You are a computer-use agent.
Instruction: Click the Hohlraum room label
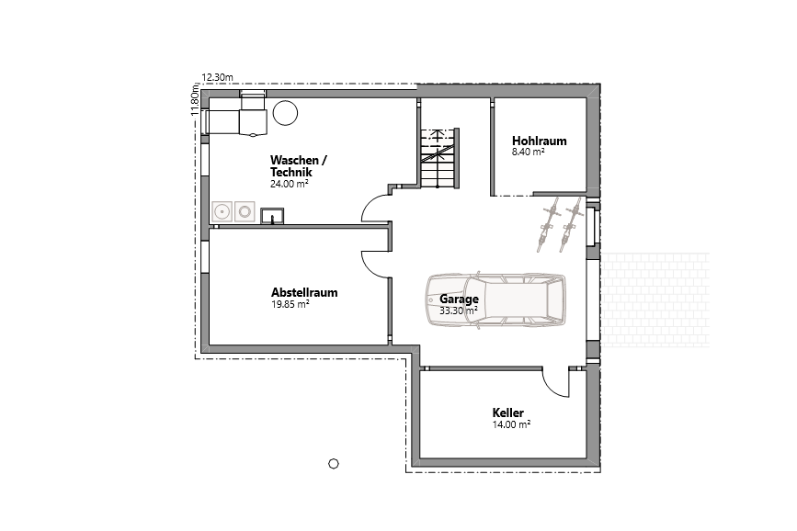coord(539,141)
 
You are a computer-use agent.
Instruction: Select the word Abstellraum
coord(304,293)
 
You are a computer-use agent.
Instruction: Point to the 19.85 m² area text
coord(290,304)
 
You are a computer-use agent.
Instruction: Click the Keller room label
coord(507,413)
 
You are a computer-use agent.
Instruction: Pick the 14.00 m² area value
coord(511,424)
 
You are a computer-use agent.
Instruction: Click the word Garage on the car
coord(459,299)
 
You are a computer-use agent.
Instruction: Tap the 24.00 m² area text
coord(289,184)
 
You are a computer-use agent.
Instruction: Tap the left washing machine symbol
coord(222,212)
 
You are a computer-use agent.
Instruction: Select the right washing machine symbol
coord(245,212)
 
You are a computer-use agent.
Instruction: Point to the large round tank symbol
coord(286,113)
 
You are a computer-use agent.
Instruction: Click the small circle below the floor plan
coord(334,463)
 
